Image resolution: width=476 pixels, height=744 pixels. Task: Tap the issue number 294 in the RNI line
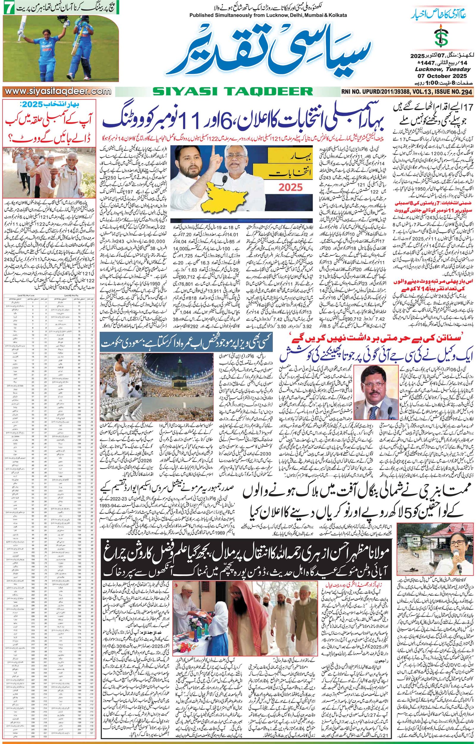466,92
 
